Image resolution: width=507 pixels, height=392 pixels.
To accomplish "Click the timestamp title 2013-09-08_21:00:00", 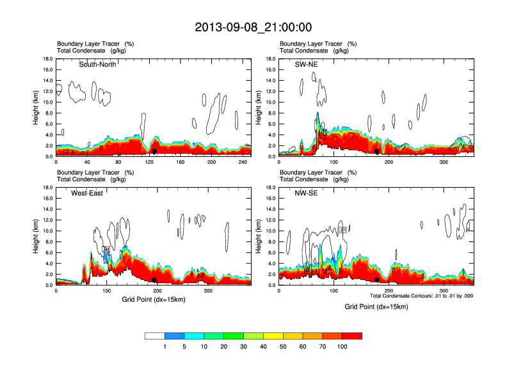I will coord(253,27).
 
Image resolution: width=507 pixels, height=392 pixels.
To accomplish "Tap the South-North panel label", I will coord(97,64).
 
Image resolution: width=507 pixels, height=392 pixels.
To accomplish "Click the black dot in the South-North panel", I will coord(154,151).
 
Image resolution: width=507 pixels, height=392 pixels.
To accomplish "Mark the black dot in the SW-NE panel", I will coord(377,151).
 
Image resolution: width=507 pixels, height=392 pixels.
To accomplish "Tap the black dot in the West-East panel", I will coord(154,280).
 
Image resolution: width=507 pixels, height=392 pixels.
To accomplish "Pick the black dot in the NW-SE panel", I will coord(376,280).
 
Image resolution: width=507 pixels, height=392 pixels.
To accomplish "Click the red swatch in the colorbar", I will coord(352,336).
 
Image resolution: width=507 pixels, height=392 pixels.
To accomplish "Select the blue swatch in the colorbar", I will coord(175,336).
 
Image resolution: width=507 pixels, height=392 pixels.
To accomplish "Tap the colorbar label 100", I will coord(342,347).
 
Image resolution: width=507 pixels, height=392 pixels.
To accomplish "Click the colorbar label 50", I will coord(283,347).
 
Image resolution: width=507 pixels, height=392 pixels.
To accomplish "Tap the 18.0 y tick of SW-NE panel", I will coord(270,59).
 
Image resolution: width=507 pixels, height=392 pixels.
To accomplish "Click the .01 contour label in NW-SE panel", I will coord(342,229).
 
